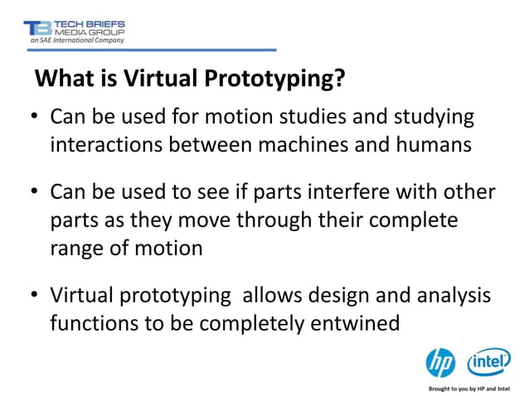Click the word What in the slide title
[63, 80]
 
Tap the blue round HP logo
[441, 363]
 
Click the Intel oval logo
[489, 362]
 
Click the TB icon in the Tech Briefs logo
[37, 28]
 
